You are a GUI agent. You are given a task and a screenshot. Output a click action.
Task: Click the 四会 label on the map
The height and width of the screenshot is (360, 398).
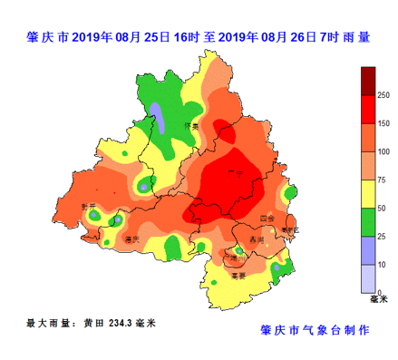(x=266, y=219)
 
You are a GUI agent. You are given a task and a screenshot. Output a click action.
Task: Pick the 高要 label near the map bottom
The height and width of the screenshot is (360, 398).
(x=238, y=275)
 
